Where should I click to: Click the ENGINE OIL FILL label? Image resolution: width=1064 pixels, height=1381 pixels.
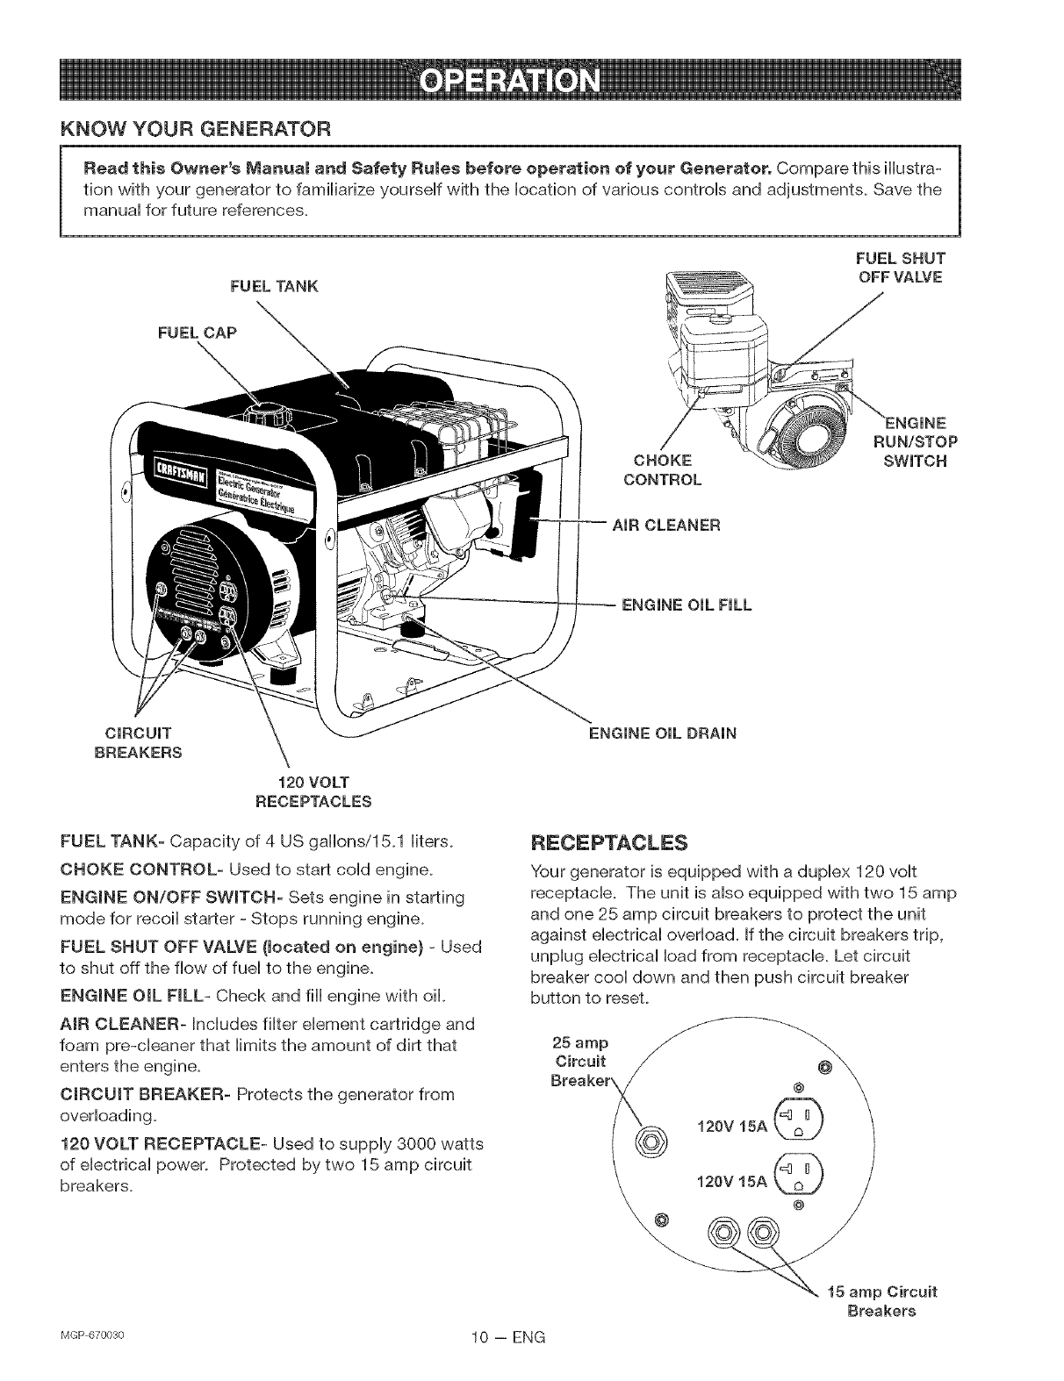(x=687, y=605)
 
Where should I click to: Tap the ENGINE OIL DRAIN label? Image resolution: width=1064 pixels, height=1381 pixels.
(x=662, y=733)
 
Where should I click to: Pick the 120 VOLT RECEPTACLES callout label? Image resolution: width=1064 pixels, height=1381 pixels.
(x=313, y=791)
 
